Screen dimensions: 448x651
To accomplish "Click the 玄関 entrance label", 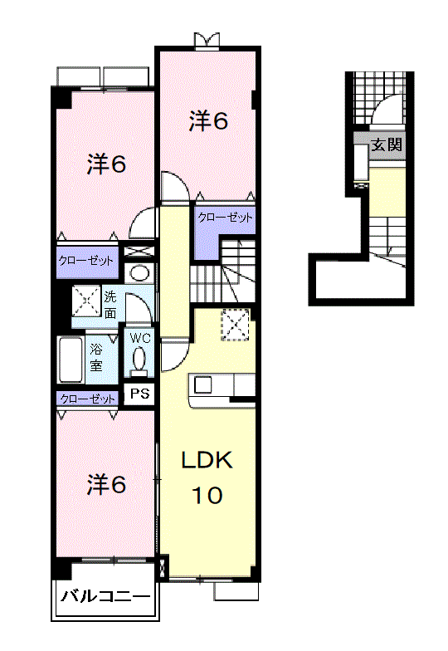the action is [x=386, y=144].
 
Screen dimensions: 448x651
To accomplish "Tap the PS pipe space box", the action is [x=139, y=394].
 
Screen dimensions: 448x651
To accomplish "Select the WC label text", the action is [x=140, y=338].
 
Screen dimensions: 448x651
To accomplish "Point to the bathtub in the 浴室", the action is [x=71, y=359].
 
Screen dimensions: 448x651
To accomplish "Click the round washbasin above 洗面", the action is [x=139, y=273].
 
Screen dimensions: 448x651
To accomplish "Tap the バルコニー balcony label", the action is [x=106, y=597].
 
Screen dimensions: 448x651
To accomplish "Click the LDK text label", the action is [x=207, y=460].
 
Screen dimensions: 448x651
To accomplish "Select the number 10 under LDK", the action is [x=207, y=495].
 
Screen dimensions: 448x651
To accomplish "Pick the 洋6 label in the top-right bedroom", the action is [x=208, y=121].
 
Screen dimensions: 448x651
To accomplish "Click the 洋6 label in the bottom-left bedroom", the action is [x=106, y=484].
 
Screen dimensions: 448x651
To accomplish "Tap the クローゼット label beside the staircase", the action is [x=225, y=218].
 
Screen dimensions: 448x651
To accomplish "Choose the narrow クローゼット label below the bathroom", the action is [x=88, y=399].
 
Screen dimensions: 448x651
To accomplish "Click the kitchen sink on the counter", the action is [x=203, y=384].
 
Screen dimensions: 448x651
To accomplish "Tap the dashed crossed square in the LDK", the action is [x=236, y=325].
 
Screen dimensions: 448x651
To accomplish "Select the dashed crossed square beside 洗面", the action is [x=86, y=300].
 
